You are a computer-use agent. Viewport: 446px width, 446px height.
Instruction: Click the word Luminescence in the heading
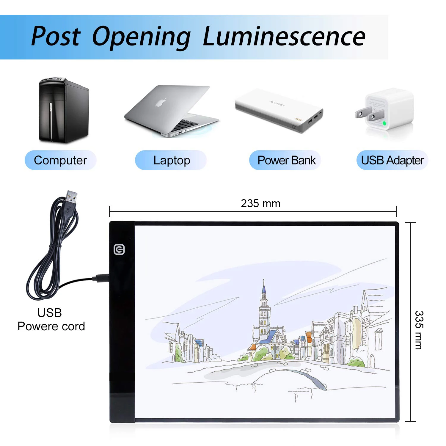pyautogui.click(x=284, y=37)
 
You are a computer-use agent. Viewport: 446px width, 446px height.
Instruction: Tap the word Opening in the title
pyautogui.click(x=141, y=37)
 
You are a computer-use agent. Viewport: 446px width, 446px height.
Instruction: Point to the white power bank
pyautogui.click(x=279, y=110)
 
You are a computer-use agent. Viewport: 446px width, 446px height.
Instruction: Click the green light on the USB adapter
pyautogui.click(x=384, y=123)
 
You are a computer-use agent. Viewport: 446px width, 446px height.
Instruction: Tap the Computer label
pyautogui.click(x=60, y=160)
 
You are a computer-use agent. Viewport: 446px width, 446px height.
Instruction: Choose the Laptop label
pyautogui.click(x=171, y=160)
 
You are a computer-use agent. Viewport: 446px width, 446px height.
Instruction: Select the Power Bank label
pyautogui.click(x=286, y=160)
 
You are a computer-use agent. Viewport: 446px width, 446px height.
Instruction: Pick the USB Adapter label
pyautogui.click(x=392, y=160)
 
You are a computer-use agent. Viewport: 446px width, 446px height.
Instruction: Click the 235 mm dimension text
pyautogui.click(x=260, y=204)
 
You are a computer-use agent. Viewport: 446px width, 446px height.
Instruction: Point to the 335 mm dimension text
pyautogui.click(x=419, y=330)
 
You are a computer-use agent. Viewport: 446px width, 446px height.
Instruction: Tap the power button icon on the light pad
pyautogui.click(x=119, y=249)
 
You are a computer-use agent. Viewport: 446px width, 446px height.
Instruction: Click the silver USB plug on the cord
pyautogui.click(x=71, y=198)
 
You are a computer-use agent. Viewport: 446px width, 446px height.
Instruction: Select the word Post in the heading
pyautogui.click(x=56, y=37)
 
